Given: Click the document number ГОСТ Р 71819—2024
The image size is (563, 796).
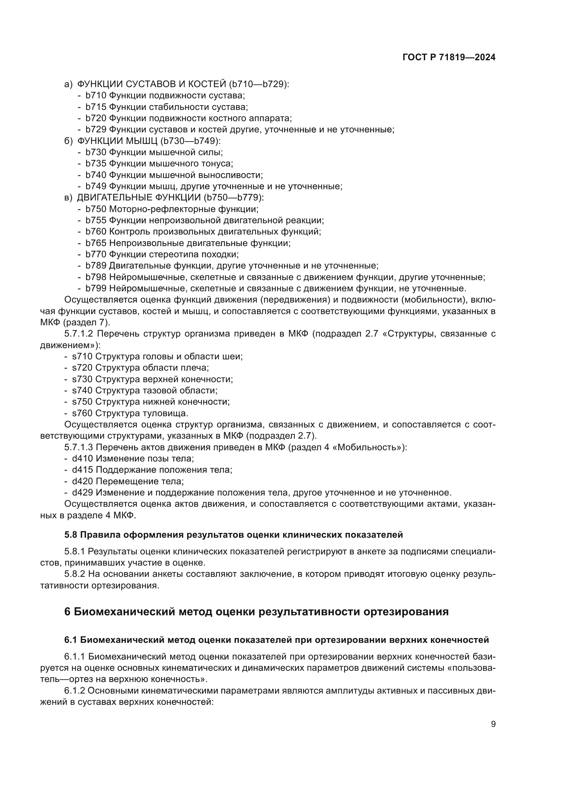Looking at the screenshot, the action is coord(449,58).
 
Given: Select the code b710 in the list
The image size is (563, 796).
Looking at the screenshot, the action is coord(96,95).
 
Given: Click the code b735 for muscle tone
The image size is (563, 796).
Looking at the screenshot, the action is coord(96,164).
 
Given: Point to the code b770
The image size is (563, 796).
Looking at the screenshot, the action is coord(96,255).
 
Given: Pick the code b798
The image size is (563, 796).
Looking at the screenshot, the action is coord(96,277).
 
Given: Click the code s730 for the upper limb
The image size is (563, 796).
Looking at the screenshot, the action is coord(82,379).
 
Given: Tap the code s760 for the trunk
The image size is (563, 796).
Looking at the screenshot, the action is coord(82,413).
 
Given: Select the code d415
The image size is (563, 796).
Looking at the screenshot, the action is coord(82,470).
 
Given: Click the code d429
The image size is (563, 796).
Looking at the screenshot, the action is coord(82,493).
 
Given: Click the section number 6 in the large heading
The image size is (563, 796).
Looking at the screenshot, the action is coord(67,612).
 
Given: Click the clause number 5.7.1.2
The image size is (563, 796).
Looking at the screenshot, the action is coord(79,334).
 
